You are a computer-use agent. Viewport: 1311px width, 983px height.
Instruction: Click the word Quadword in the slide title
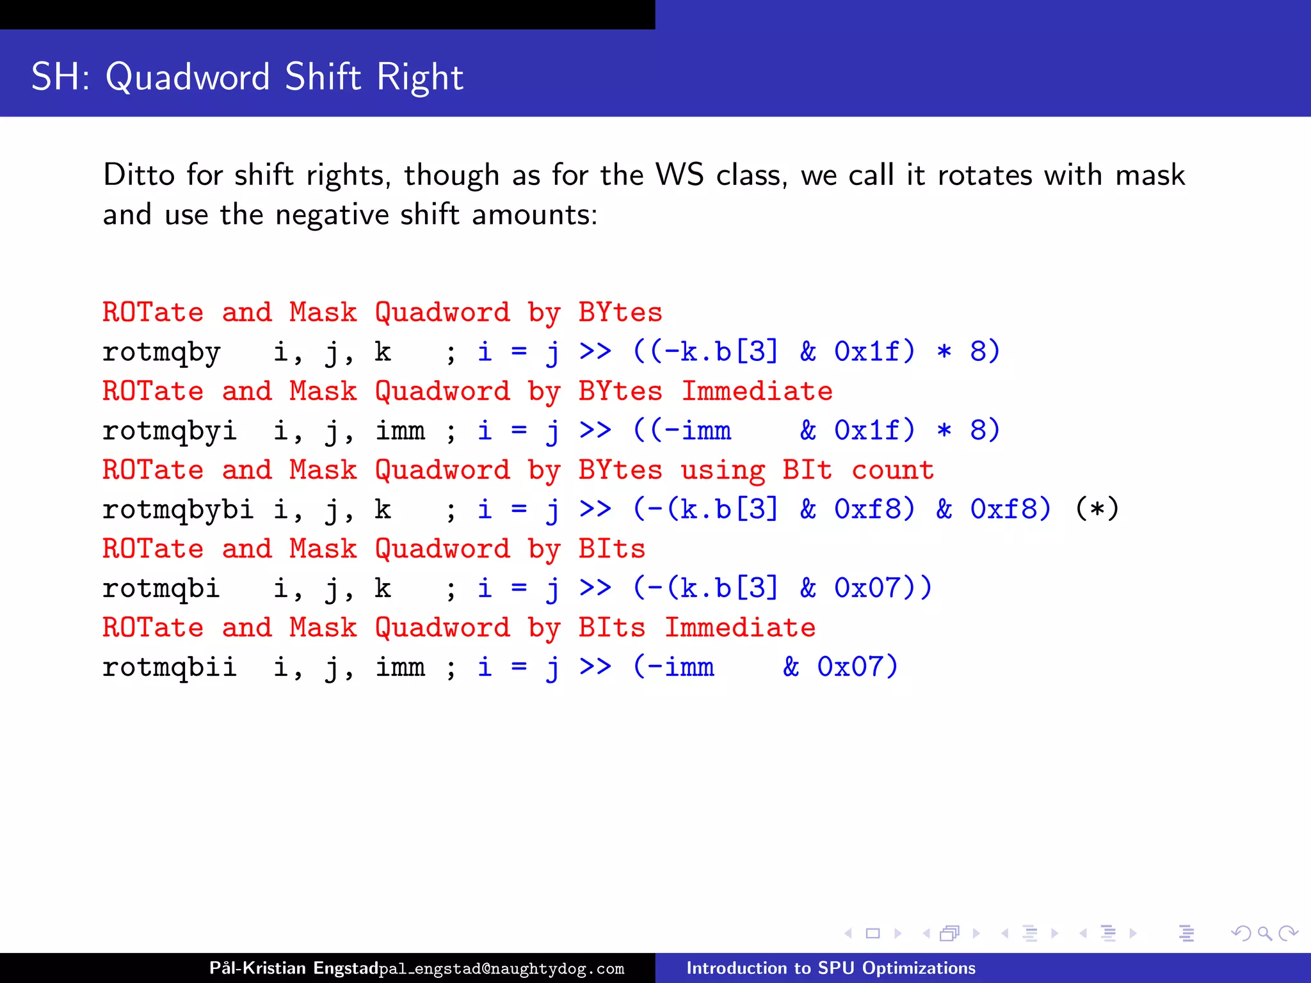pyautogui.click(x=188, y=77)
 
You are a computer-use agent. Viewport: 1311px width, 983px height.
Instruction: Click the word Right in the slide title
pyautogui.click(x=419, y=77)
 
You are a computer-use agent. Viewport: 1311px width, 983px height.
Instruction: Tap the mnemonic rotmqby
pyautogui.click(x=161, y=352)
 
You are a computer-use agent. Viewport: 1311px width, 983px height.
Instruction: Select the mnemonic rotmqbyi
pyautogui.click(x=170, y=431)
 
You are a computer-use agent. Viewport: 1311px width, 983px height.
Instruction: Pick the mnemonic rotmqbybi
pyautogui.click(x=178, y=510)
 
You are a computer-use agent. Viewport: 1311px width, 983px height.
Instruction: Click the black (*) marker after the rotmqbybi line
pyautogui.click(x=1097, y=509)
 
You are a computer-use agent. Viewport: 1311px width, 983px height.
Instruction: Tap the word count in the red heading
pyautogui.click(x=892, y=470)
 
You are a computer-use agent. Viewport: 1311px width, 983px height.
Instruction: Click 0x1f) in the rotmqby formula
pyautogui.click(x=874, y=351)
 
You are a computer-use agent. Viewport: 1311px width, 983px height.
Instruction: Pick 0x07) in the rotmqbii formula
pyautogui.click(x=858, y=667)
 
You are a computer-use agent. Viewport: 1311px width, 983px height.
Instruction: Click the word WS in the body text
pyautogui.click(x=680, y=175)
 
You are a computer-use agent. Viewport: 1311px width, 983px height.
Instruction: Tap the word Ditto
pyautogui.click(x=139, y=175)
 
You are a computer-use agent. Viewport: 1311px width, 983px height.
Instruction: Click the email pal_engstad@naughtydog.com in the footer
pyautogui.click(x=501, y=969)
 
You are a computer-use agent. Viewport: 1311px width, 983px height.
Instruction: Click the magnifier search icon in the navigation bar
pyautogui.click(x=1264, y=934)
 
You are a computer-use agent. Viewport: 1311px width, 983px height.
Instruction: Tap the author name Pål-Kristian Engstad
pyautogui.click(x=294, y=968)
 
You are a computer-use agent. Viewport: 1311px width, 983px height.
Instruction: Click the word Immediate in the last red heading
pyautogui.click(x=740, y=628)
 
